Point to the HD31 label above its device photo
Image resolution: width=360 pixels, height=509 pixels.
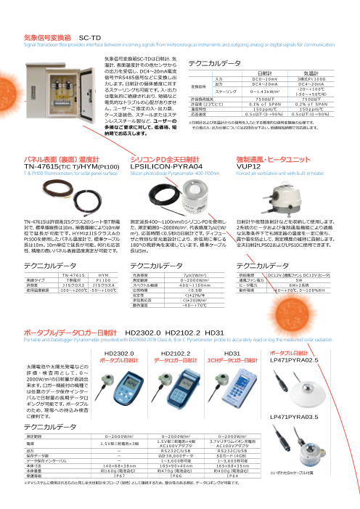coord(233,333)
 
